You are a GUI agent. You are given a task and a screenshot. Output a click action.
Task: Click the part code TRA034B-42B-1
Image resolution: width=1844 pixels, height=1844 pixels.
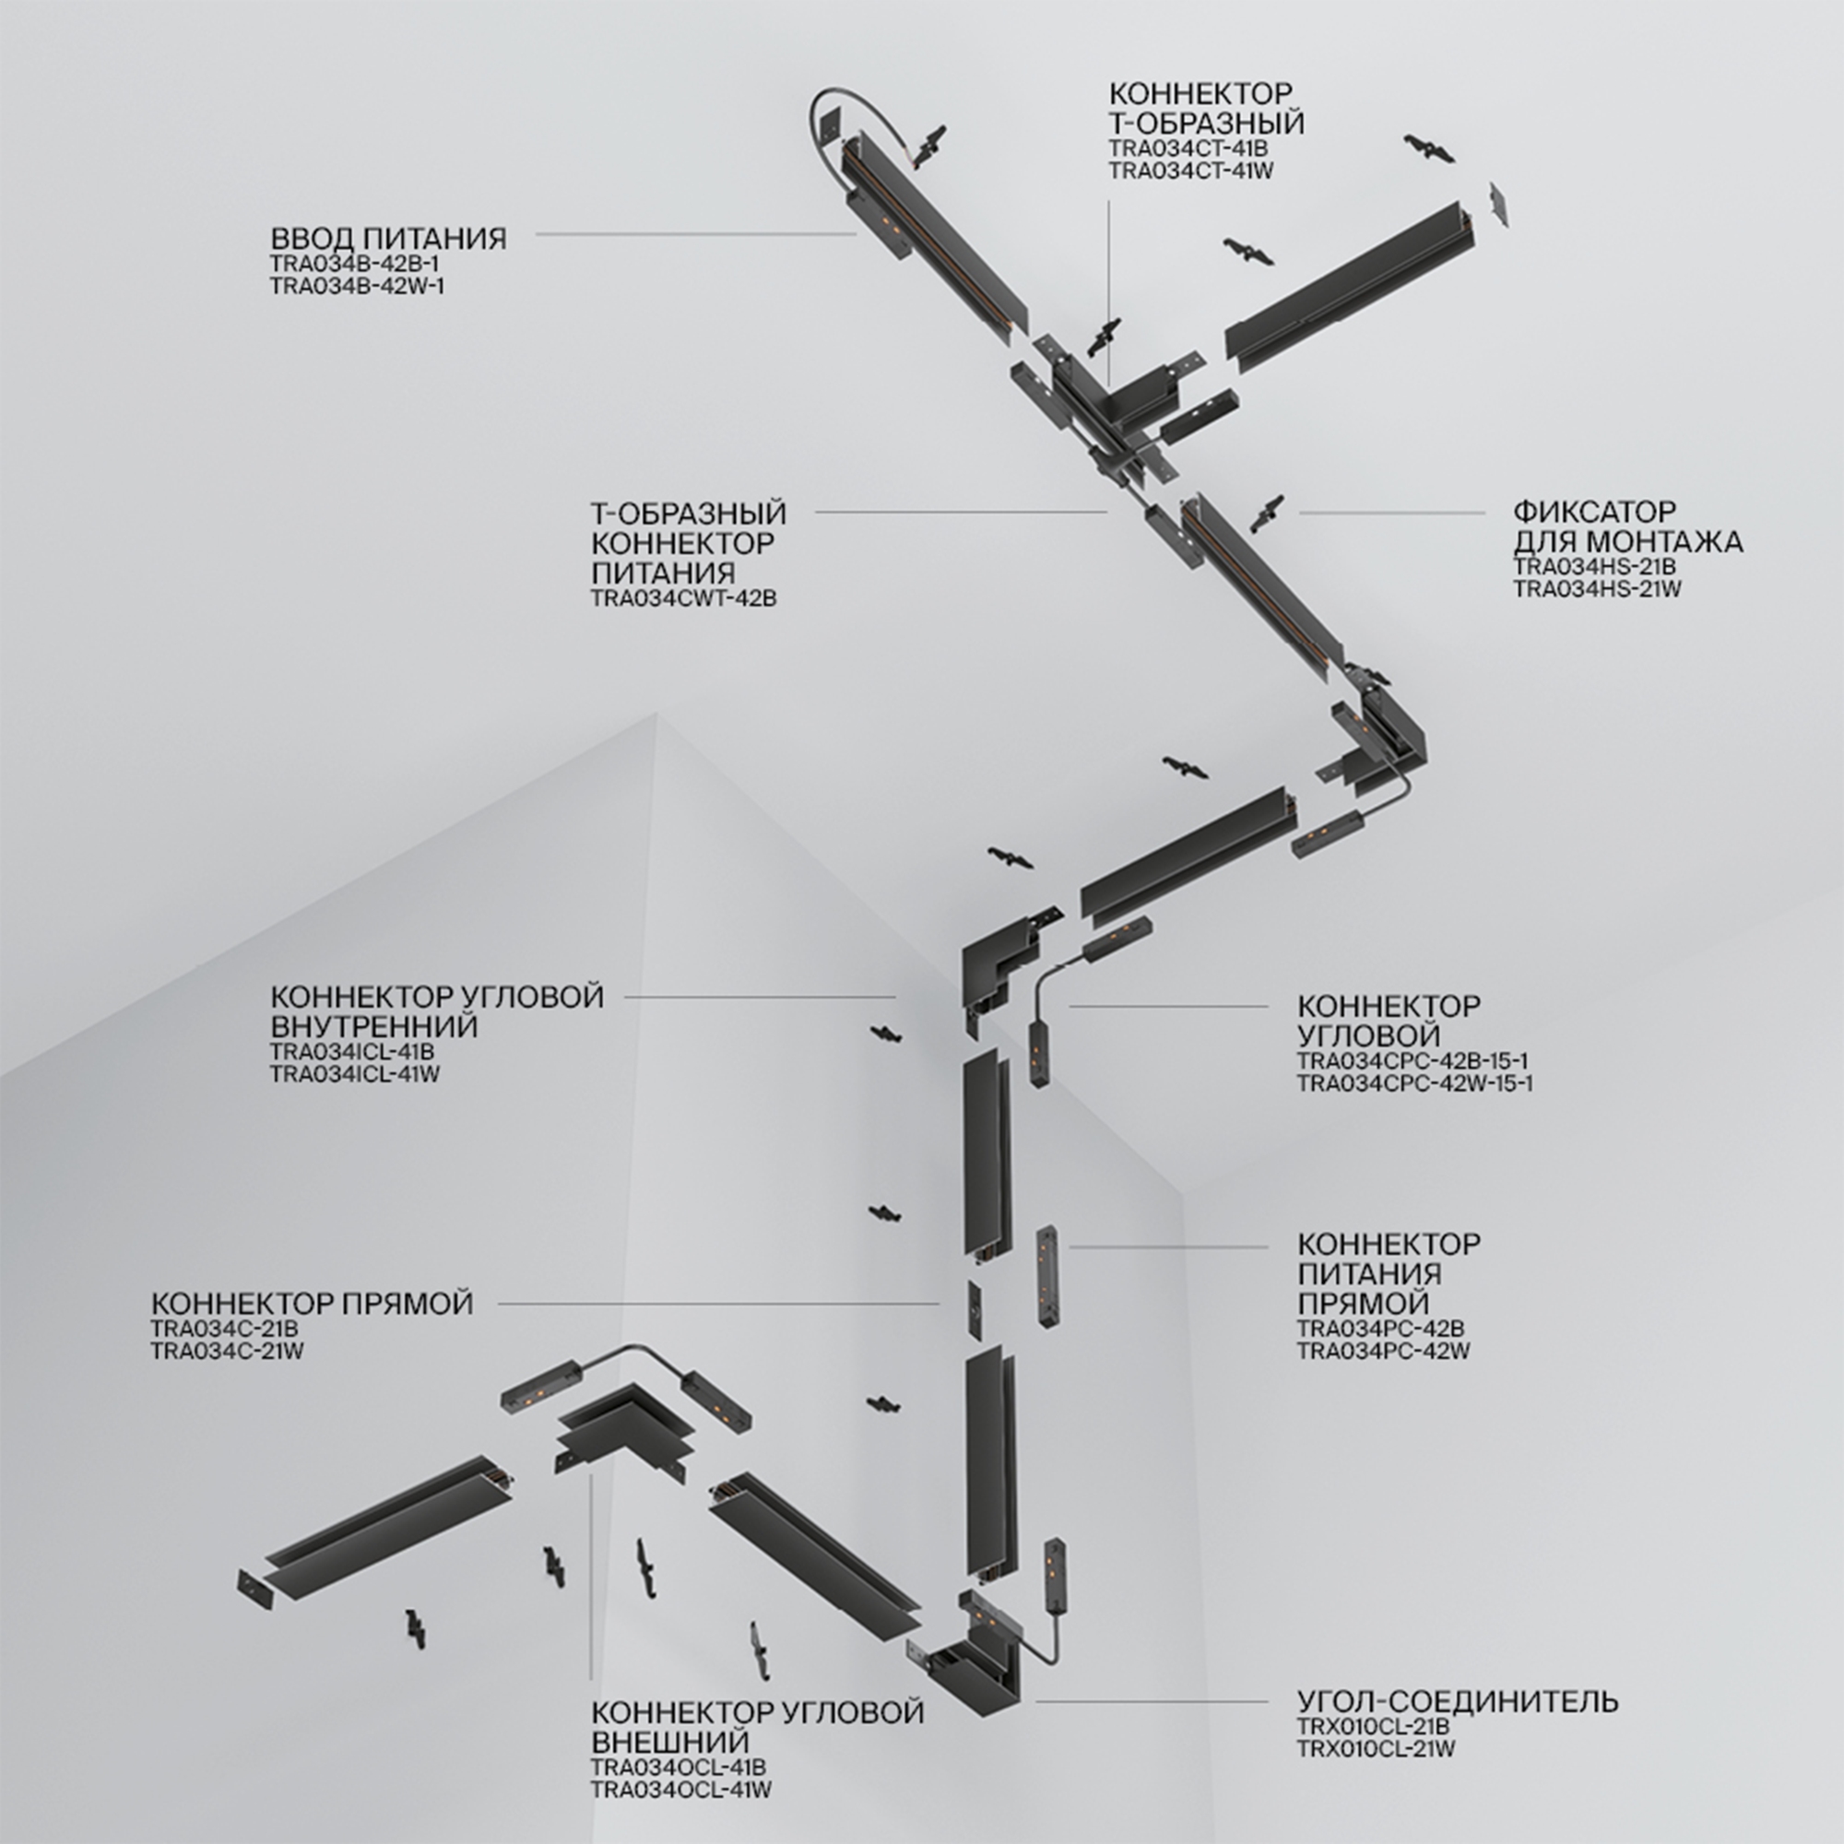click(x=354, y=264)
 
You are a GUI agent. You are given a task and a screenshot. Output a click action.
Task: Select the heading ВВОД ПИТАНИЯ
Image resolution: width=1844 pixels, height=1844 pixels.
click(x=388, y=238)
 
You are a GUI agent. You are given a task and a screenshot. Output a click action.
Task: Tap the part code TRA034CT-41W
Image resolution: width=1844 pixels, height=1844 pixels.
click(x=1190, y=171)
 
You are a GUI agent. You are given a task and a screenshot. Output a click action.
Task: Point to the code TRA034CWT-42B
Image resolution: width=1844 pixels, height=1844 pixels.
click(x=683, y=599)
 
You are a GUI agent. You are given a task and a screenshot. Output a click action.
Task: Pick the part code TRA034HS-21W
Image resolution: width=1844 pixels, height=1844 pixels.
click(x=1597, y=589)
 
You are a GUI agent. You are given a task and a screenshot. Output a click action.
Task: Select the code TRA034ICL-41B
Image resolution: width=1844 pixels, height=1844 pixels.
click(x=352, y=1051)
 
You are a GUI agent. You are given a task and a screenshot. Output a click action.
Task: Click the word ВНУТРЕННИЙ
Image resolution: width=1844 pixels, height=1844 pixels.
click(x=373, y=1026)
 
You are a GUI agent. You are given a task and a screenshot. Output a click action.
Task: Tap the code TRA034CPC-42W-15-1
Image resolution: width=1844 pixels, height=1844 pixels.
click(x=1414, y=1083)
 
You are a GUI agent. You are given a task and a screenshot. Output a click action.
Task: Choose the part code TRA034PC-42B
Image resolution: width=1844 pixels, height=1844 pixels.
click(x=1380, y=1329)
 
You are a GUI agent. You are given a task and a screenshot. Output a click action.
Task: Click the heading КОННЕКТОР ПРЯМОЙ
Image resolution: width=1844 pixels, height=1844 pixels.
click(x=311, y=1304)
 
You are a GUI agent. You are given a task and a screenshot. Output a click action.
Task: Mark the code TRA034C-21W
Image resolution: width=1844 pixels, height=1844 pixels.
click(x=226, y=1352)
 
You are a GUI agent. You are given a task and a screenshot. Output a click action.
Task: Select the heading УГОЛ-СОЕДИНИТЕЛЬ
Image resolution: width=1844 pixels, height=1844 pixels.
click(x=1458, y=1701)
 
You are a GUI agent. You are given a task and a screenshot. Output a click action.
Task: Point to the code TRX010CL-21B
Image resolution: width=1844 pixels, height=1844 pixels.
click(x=1373, y=1727)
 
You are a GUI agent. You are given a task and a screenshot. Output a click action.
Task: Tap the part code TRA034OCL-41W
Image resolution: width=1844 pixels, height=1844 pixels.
click(x=680, y=1790)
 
